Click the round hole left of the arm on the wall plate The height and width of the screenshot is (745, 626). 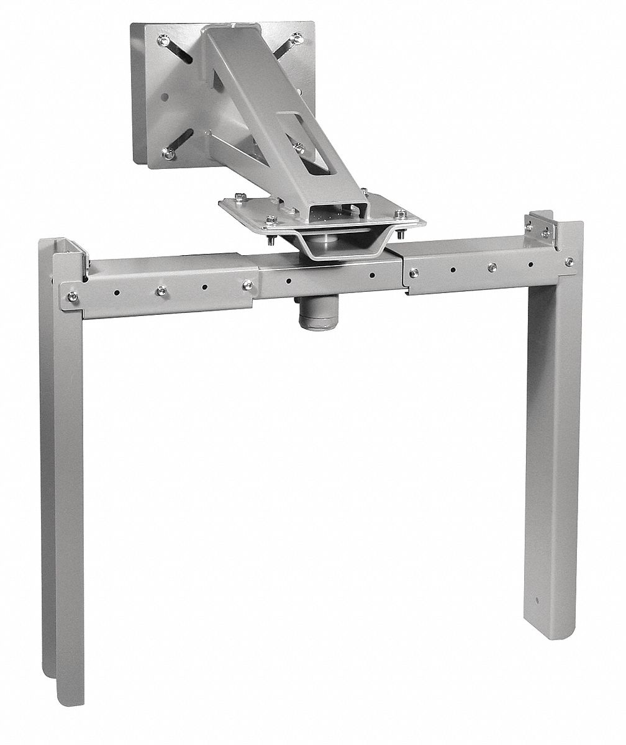(165, 96)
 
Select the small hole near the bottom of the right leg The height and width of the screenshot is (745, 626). (537, 601)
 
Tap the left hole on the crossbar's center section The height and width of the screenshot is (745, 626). (289, 279)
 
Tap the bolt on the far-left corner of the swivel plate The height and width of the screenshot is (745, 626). (237, 197)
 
